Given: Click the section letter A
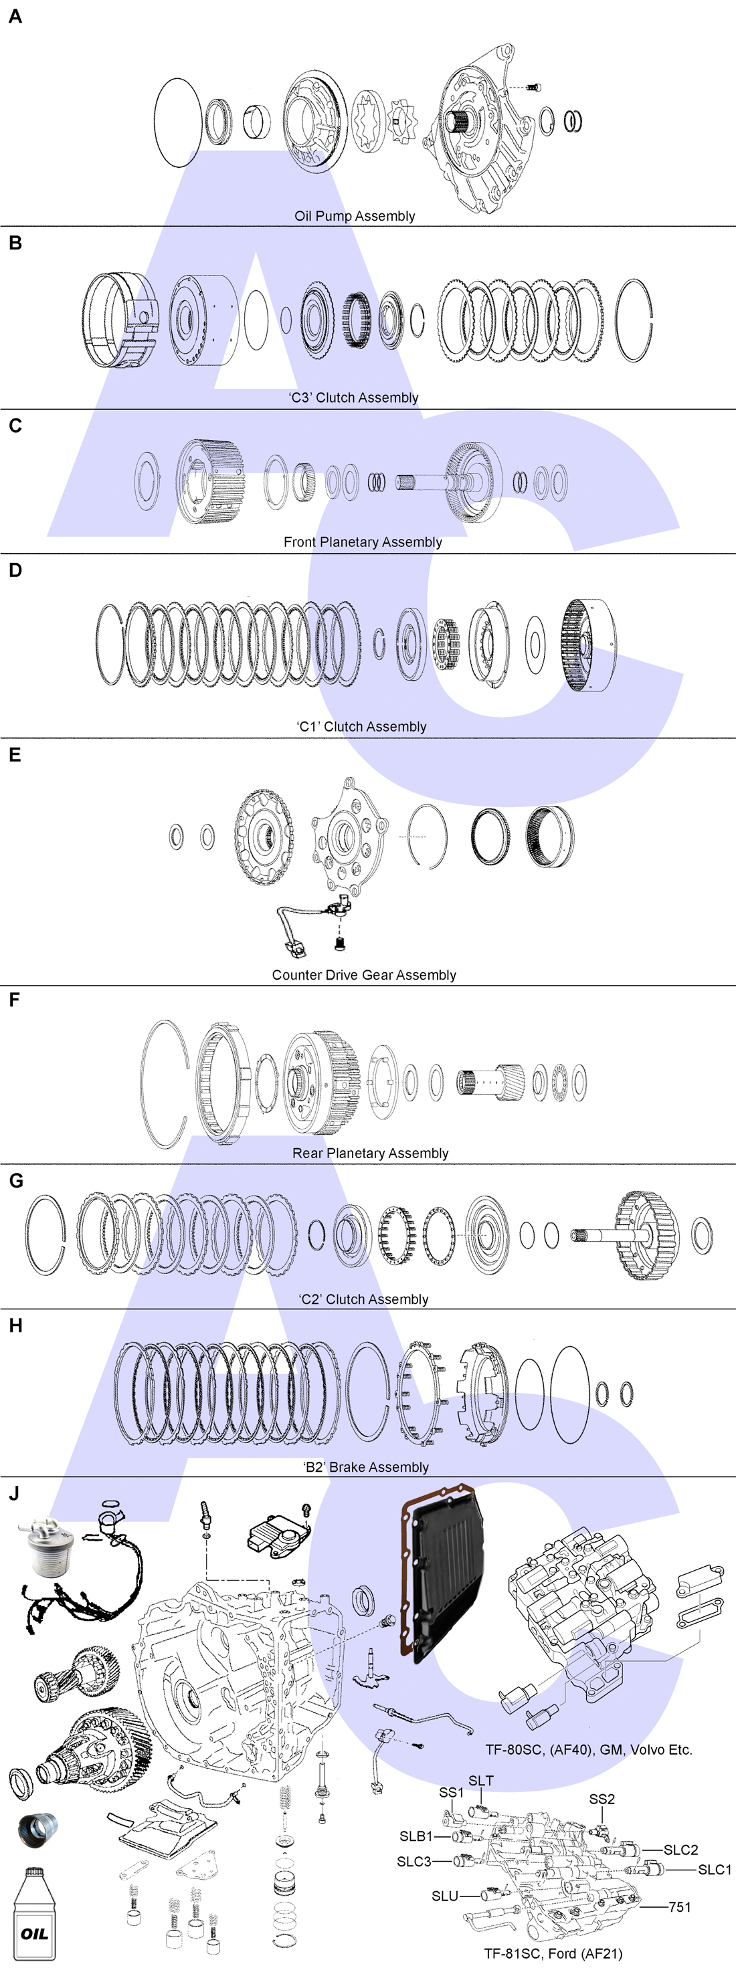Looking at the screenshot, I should point(15,17).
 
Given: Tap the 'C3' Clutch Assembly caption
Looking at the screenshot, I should point(353,398).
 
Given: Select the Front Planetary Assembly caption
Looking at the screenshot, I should point(363,542).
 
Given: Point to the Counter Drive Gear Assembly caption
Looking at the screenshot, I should point(363,975).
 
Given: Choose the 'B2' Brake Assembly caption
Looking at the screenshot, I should point(367,1466).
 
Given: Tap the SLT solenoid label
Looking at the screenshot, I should point(480,1780).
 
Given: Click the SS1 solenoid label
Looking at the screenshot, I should point(452,1793).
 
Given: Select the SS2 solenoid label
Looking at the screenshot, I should point(602,1799).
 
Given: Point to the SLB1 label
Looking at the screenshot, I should point(416,1836).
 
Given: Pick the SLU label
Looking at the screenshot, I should point(444,1896).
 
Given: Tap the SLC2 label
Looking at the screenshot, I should point(680,1850).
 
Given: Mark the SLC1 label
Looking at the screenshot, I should point(714,1869).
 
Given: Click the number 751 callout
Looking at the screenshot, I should point(679,1906).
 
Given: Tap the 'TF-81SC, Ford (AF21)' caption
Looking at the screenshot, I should point(553,1953).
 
